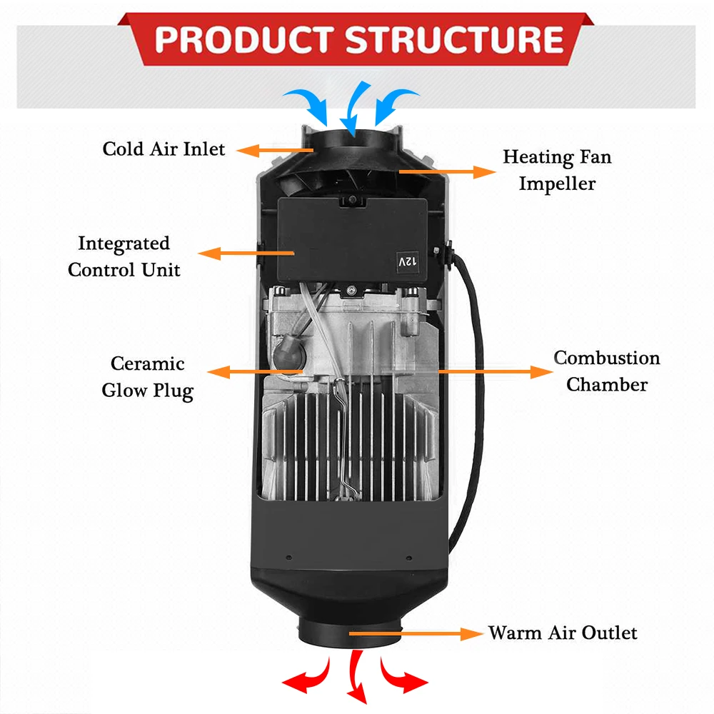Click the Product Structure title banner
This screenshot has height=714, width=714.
pos(357,39)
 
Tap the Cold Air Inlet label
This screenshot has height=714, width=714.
pos(164,149)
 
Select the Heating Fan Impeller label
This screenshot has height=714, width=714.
pos(557,170)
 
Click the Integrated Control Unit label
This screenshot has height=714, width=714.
pos(124,256)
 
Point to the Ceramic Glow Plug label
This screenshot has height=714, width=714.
pos(147,377)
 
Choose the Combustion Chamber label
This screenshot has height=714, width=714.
pos(607,371)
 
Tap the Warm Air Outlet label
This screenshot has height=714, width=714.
pos(563,633)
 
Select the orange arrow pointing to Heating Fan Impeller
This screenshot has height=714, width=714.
pos(446,171)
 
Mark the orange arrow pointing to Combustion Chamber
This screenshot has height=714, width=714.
pos(493,371)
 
